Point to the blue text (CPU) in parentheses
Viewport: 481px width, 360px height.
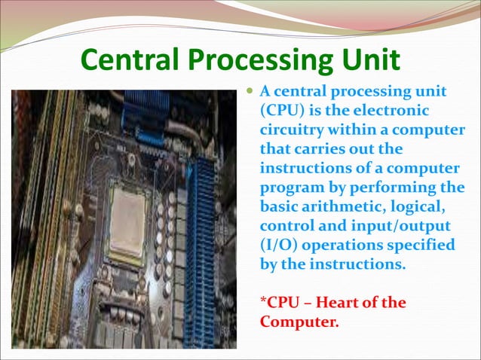281,111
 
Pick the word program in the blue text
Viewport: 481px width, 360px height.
290,188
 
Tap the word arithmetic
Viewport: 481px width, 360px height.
345,206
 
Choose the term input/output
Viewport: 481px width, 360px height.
391,226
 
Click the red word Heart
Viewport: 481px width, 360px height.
340,304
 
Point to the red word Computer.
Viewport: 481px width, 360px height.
297,322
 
